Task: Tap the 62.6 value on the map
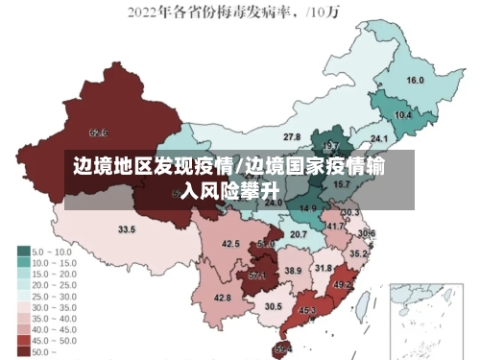coord(98,132)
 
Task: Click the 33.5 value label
coord(126,229)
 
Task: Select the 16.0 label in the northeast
coord(415,81)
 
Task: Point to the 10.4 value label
coord(403,114)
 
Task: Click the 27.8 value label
coord(291,137)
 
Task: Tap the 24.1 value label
coord(366,137)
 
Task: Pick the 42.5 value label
coord(230,244)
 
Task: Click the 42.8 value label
coord(222,298)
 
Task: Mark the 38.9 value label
coord(293,271)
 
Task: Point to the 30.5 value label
coord(274,306)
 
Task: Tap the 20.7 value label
coord(299,234)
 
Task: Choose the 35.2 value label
coord(357,253)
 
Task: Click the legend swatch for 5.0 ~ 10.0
coord(23,251)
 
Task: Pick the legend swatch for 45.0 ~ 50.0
coord(23,341)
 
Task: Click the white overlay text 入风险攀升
coord(233,191)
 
